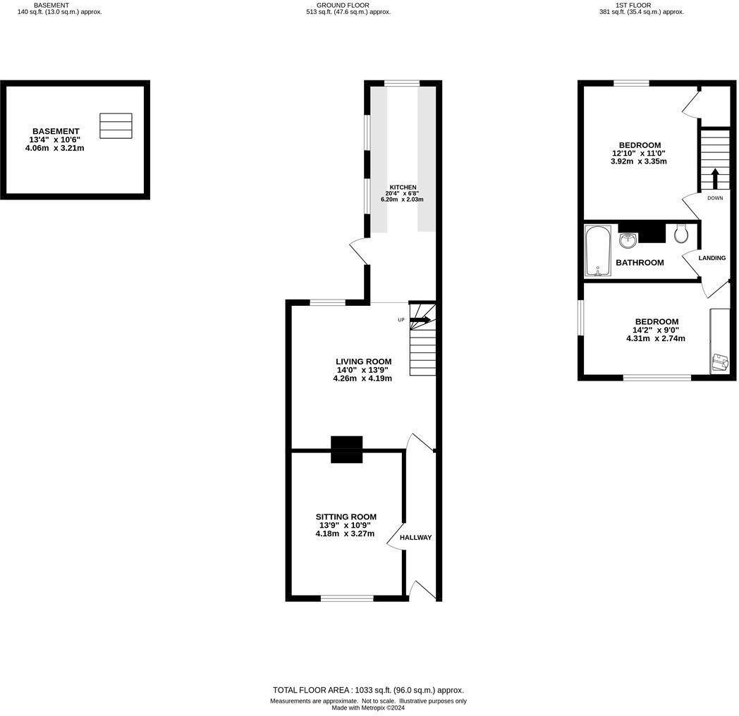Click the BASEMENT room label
(56, 131)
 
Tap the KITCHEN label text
(402, 187)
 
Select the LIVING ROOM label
(363, 362)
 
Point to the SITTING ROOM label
(346, 517)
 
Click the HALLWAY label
(415, 538)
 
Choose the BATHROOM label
(640, 263)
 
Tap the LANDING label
(711, 258)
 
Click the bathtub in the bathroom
(598, 251)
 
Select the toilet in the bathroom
(680, 233)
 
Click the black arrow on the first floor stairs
(715, 178)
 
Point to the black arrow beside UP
(421, 320)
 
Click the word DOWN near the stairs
(715, 199)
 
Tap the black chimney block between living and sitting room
(347, 450)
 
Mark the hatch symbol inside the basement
(115, 126)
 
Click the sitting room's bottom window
(347, 598)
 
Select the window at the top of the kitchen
(402, 83)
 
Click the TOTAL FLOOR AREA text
(368, 691)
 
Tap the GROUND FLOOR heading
(343, 5)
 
